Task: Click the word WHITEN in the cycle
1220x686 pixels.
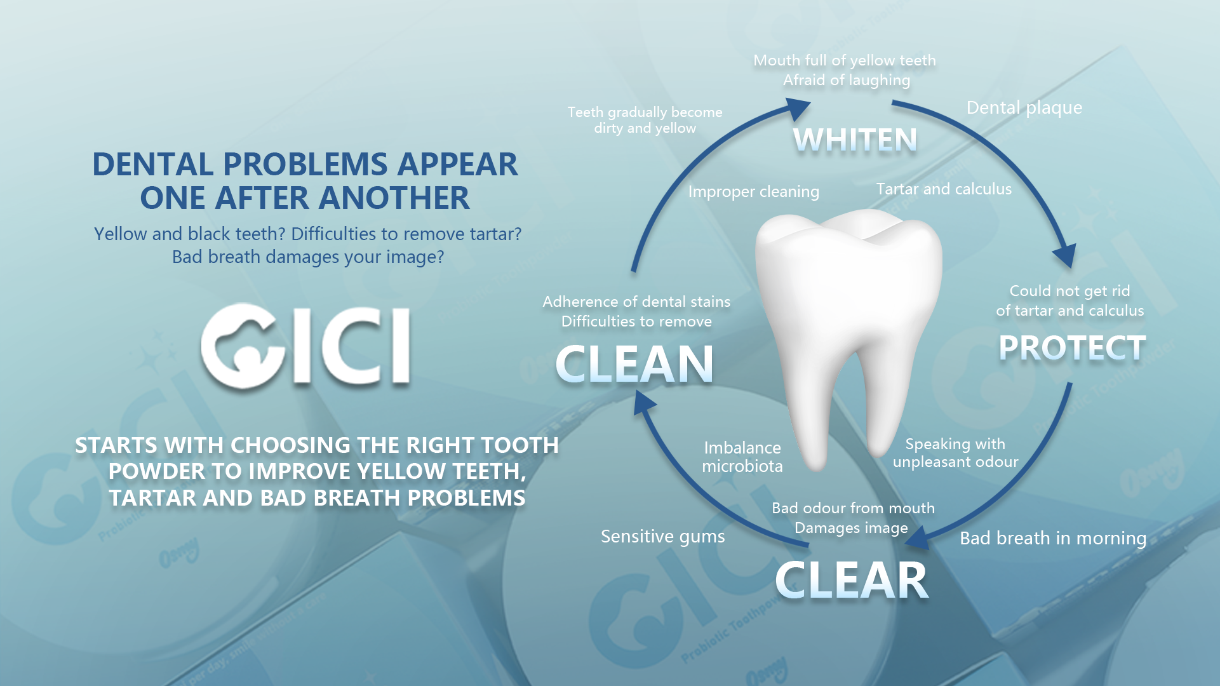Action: point(855,140)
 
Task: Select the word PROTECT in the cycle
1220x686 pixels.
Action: point(1072,348)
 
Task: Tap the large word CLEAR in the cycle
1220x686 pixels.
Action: point(852,581)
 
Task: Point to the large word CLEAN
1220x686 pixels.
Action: point(634,364)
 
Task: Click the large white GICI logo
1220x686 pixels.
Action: point(305,346)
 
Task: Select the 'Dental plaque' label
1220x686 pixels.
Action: point(1024,108)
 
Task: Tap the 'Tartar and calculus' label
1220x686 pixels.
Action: point(944,189)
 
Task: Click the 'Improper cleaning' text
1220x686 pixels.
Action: point(754,192)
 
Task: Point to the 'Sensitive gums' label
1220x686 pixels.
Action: point(663,537)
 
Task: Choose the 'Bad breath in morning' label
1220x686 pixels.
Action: point(1053,539)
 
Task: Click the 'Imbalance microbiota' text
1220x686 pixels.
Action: point(742,457)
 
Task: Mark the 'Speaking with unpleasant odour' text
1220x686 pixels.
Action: point(955,453)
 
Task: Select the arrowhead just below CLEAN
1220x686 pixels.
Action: point(644,401)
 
